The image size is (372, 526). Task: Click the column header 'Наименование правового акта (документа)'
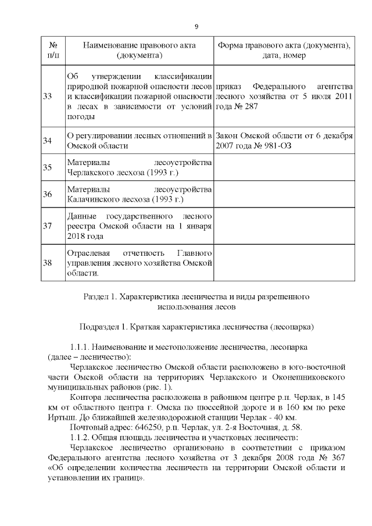139,51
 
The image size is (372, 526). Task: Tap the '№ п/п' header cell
52,51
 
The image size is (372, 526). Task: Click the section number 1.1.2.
81,438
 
